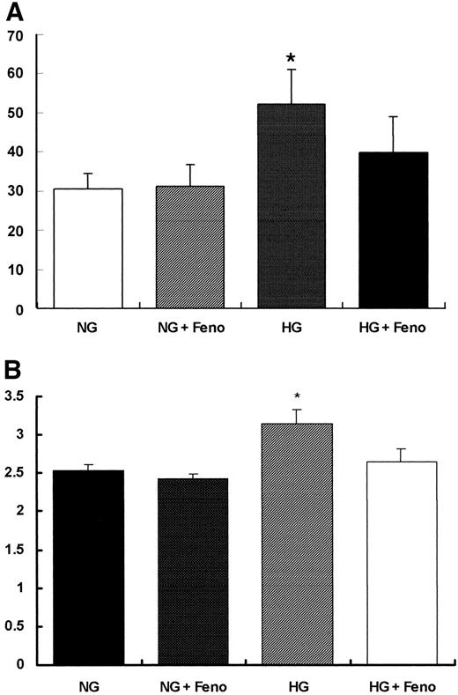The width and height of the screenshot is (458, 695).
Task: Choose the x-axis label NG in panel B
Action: [x=87, y=683]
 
